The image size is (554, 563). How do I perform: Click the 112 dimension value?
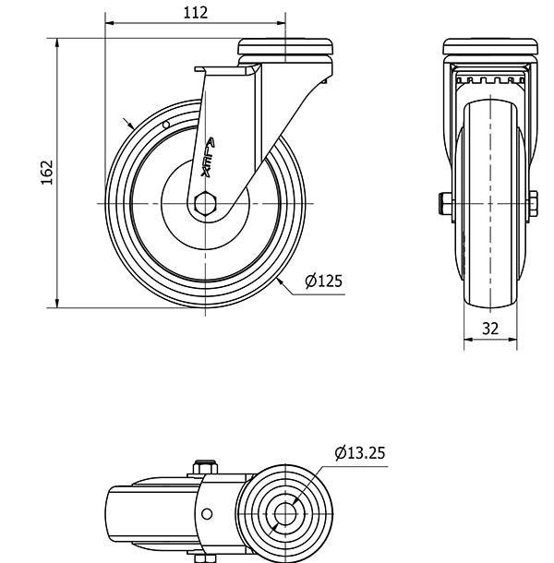[x=196, y=13]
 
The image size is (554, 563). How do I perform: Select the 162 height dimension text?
[x=47, y=173]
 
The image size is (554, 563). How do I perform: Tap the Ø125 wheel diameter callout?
[x=323, y=281]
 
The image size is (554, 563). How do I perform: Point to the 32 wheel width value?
[x=490, y=329]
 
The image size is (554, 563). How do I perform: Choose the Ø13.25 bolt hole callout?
[x=360, y=453]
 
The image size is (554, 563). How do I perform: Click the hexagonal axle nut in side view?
[x=205, y=204]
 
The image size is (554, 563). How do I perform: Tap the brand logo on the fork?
[x=208, y=157]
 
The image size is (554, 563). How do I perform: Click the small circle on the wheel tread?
[x=166, y=125]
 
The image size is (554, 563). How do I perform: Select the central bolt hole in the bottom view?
[x=285, y=514]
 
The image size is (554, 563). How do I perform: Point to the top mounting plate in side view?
[x=285, y=47]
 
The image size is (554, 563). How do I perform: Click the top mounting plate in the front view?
[x=490, y=47]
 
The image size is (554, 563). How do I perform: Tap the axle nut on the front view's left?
[x=445, y=204]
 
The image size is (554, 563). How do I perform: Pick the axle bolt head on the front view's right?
[x=533, y=204]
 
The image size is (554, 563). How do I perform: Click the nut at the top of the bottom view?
[x=205, y=467]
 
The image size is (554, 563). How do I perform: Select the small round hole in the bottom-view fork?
[x=207, y=514]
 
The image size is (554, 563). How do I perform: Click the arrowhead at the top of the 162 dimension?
[x=56, y=42]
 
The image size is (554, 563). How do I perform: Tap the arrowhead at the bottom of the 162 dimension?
[x=56, y=303]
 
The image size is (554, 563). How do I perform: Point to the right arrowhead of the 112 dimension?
[x=281, y=23]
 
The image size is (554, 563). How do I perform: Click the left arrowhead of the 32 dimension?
[x=468, y=340]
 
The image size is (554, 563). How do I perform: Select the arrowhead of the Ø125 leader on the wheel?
[x=281, y=281]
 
